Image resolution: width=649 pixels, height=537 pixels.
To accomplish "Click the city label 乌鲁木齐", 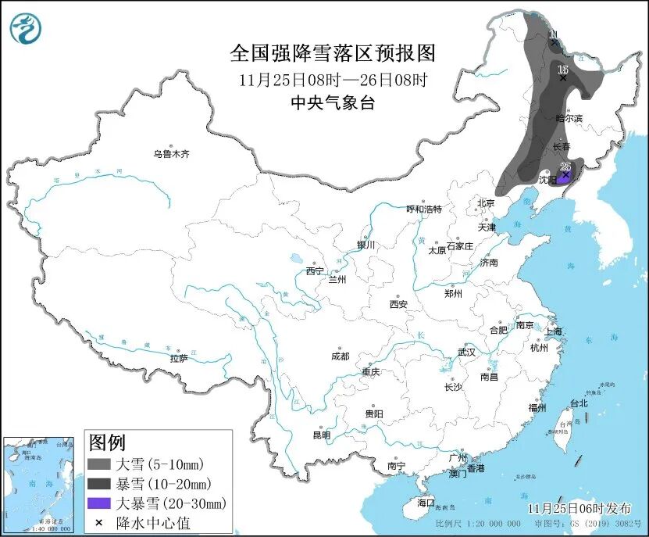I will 171,155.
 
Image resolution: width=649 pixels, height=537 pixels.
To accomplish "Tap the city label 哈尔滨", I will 569,118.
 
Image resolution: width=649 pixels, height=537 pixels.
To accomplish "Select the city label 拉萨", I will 179,359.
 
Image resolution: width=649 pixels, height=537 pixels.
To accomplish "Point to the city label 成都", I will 341,357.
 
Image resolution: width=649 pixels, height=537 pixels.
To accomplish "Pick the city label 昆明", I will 322,435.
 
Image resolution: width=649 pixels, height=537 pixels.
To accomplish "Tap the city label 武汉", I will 466,352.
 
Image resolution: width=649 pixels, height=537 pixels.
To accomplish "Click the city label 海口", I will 426,502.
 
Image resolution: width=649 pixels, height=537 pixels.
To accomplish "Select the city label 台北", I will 578,404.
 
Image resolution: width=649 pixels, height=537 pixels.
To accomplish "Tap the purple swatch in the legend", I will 99,503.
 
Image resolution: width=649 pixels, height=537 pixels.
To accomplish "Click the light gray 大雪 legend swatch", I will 99,464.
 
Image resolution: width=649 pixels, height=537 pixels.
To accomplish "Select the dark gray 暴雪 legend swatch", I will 99,484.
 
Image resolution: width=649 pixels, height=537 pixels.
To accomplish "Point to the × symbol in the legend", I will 99,522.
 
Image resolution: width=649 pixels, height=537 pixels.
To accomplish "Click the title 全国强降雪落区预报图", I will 332,53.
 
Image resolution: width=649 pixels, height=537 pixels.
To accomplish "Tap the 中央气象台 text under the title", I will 332,102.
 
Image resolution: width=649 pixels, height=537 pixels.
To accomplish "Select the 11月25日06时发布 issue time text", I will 574,508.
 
